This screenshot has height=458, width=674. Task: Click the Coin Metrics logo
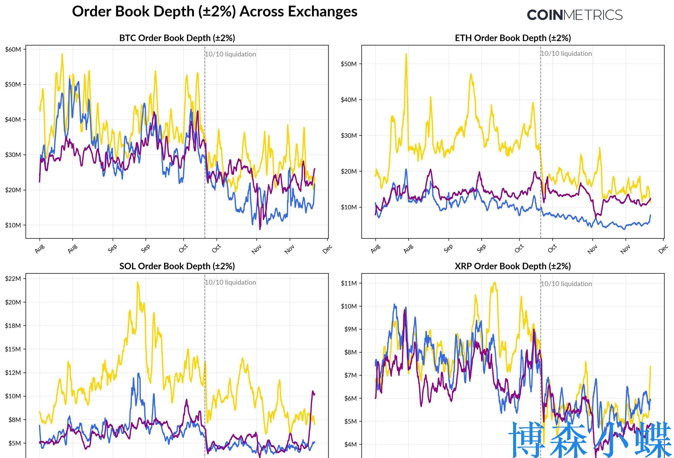tap(574, 15)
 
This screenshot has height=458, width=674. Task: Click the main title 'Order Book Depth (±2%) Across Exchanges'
tap(215, 12)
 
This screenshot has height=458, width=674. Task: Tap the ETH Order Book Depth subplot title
tap(513, 38)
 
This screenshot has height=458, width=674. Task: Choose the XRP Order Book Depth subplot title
tap(513, 266)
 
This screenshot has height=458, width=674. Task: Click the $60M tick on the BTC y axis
tap(13, 49)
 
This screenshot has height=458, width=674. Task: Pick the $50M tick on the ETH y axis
tap(349, 64)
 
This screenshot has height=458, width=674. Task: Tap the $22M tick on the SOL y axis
tap(13, 279)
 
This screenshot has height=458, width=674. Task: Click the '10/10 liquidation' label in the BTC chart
tap(231, 54)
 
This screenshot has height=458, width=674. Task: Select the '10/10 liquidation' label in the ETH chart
tap(566, 54)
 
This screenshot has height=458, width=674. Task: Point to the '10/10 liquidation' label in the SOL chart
tap(231, 283)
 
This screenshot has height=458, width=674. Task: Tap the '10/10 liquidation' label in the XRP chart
tap(566, 284)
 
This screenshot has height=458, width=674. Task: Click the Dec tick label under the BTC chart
tap(327, 249)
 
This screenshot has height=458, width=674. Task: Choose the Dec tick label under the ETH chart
tap(663, 249)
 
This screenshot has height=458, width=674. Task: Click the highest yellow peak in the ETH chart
tap(406, 54)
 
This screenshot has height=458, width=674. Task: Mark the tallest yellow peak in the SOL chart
tap(137, 282)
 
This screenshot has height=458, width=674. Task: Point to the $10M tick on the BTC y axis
tap(13, 225)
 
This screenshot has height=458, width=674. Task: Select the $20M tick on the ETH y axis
tap(349, 171)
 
